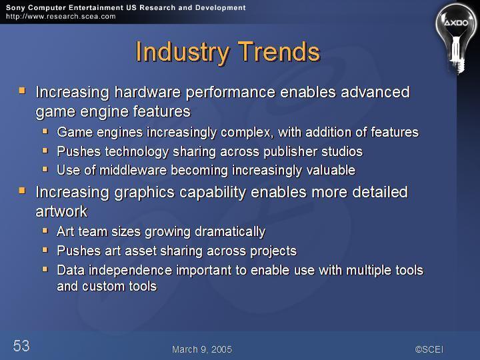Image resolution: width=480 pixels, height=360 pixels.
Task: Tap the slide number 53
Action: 21,345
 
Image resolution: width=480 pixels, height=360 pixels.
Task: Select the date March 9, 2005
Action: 202,349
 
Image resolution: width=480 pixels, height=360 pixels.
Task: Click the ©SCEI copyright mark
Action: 429,349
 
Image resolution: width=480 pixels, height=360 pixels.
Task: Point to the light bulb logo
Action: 456,38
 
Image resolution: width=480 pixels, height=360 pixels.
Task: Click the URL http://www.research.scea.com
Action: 61,17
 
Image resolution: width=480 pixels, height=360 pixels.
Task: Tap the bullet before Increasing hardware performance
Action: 22,90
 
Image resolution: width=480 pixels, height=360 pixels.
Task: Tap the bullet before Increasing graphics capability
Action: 22,191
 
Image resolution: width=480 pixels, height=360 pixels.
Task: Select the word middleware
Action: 133,170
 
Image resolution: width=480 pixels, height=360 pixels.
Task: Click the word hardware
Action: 147,92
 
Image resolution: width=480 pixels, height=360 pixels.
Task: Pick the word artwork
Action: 61,211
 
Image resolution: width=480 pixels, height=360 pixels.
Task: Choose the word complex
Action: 247,133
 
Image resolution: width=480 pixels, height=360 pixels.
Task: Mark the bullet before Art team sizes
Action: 45,230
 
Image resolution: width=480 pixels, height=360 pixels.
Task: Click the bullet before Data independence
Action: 45,269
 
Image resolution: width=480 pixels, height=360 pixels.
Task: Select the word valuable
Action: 331,170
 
